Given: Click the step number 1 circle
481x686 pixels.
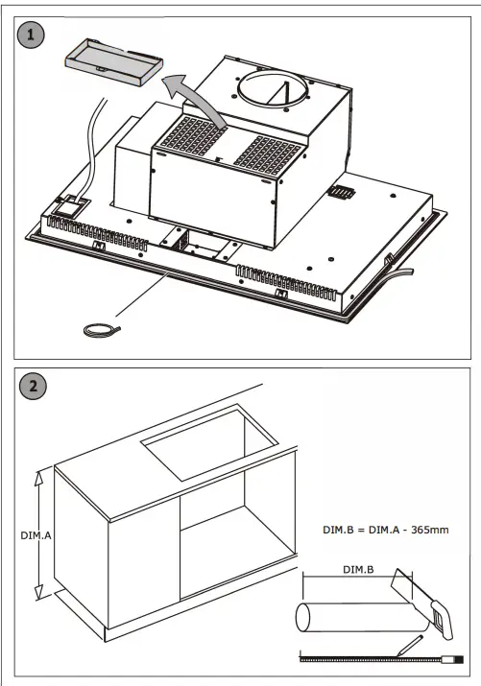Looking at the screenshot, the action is click(x=31, y=35).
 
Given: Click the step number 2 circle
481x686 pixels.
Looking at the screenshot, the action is click(x=34, y=386).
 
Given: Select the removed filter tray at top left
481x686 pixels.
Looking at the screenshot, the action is click(x=114, y=61).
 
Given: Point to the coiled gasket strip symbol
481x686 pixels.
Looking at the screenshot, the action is click(x=102, y=331).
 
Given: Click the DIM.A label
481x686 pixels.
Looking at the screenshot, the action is click(x=36, y=535).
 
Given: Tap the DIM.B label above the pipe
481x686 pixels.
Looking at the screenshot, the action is click(x=358, y=570).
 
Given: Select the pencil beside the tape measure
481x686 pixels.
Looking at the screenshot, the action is click(x=410, y=646).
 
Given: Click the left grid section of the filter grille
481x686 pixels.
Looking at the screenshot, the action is click(x=193, y=134).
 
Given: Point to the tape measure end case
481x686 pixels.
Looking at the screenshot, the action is click(x=452, y=659).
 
